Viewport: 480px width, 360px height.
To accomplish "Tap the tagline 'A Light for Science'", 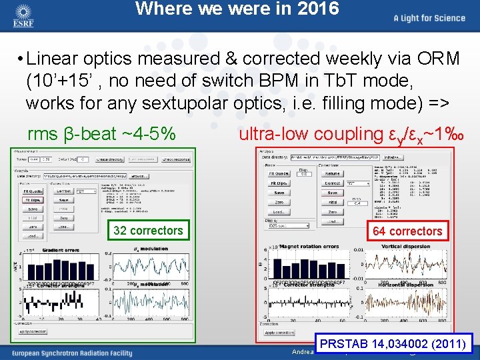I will [x=429, y=18].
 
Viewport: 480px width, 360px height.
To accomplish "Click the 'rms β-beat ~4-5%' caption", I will [x=102, y=134].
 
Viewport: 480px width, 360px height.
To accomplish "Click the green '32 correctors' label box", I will [x=148, y=231].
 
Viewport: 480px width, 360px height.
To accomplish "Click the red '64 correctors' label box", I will [x=407, y=231].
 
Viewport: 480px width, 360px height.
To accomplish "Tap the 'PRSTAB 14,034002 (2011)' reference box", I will [x=395, y=344].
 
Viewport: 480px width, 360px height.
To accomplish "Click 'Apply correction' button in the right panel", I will [x=279, y=332].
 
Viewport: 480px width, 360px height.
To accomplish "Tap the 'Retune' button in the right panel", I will [x=332, y=173].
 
